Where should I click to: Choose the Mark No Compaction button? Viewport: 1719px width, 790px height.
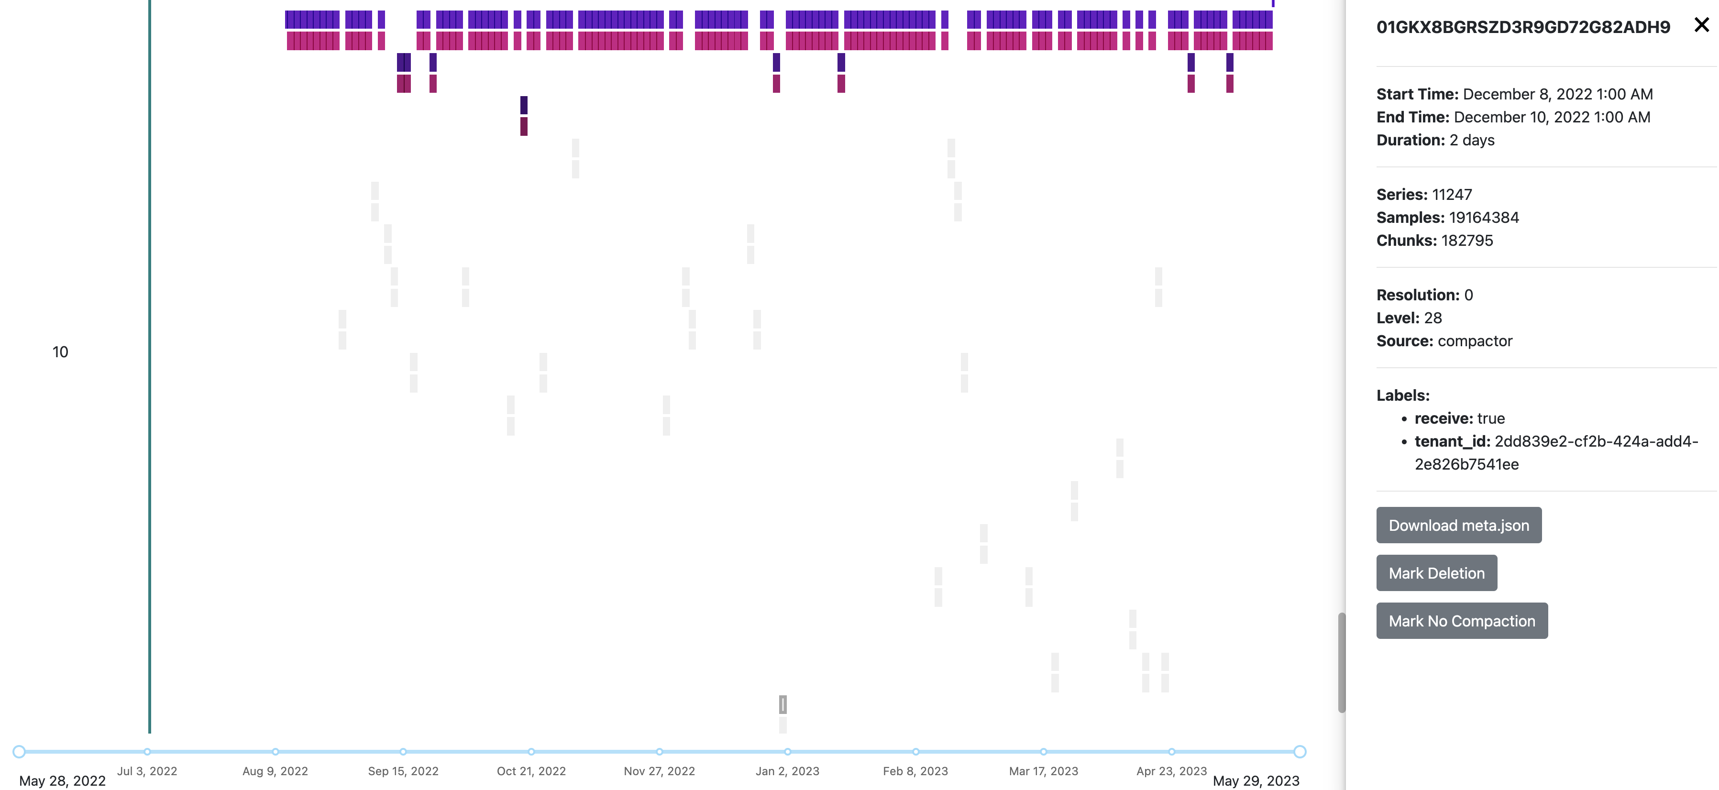pos(1461,621)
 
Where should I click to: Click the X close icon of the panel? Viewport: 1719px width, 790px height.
pos(1701,25)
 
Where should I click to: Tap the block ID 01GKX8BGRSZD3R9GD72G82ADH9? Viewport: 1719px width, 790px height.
pos(1523,27)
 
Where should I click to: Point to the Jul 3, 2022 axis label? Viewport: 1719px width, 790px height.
pos(147,771)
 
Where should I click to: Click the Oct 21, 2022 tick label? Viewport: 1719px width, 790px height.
pos(531,771)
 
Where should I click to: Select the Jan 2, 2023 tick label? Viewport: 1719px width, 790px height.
pos(787,771)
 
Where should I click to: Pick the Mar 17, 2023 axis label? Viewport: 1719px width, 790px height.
pos(1044,771)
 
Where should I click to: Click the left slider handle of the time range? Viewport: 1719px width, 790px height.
pos(19,752)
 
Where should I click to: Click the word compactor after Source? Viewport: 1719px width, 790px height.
pos(1475,341)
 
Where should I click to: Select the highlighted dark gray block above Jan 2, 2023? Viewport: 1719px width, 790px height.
pos(783,704)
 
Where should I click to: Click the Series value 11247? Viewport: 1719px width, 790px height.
pos(1452,195)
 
